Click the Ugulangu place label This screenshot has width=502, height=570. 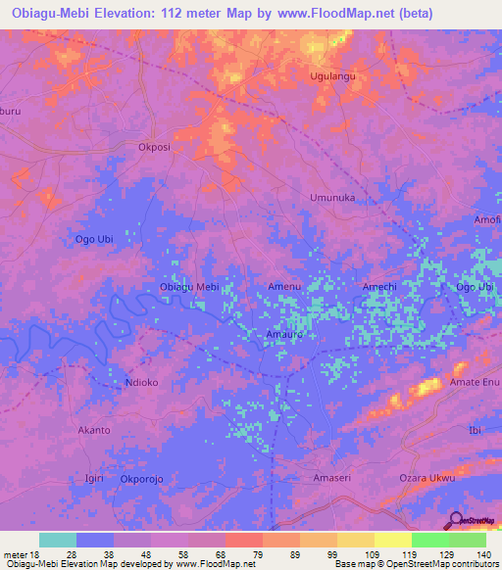pyautogui.click(x=332, y=75)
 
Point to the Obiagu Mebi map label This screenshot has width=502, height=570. pyautogui.click(x=188, y=287)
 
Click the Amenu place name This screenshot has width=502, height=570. pyautogui.click(x=284, y=286)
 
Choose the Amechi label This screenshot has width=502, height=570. pyautogui.click(x=379, y=286)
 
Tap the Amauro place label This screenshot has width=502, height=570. pyautogui.click(x=284, y=334)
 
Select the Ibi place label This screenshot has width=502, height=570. pyautogui.click(x=477, y=430)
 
